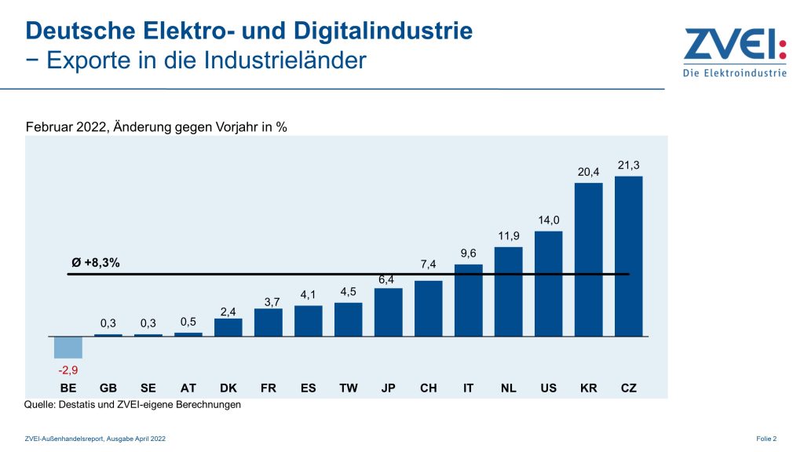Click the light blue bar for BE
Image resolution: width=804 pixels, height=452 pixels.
click(68, 347)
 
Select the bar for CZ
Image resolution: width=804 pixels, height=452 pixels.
click(628, 256)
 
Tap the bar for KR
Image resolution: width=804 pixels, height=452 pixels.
click(588, 259)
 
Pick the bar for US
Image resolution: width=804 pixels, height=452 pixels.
click(548, 283)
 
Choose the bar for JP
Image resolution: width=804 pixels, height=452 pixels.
click(388, 312)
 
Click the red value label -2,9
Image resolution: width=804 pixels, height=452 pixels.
click(68, 369)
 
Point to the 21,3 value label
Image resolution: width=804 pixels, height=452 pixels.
click(629, 166)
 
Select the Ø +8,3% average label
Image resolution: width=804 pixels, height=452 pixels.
click(96, 263)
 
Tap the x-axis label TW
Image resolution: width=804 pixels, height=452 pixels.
click(348, 388)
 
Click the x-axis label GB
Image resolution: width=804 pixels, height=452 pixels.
click(108, 388)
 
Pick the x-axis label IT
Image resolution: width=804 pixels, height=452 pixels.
click(468, 388)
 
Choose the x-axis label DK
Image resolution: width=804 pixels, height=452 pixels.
click(228, 388)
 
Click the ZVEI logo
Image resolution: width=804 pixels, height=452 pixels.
click(734, 53)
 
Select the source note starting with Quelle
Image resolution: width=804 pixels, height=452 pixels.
click(133, 405)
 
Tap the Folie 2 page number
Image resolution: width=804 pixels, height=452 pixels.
click(766, 438)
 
